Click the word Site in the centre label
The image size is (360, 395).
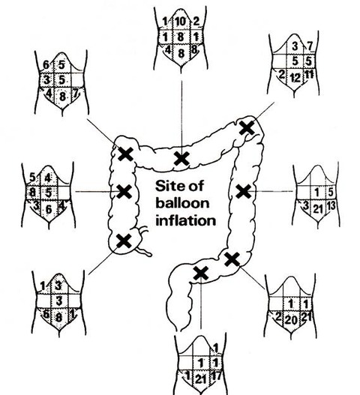tap(169, 186)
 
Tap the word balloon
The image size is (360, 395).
tap(182, 202)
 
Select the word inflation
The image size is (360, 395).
tap(185, 220)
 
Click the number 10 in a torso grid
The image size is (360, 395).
tap(181, 22)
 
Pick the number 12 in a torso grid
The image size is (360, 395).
tap(295, 78)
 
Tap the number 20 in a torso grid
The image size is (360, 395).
tap(291, 320)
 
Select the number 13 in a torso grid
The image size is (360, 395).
tap(331, 206)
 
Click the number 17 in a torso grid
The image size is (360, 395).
tap(216, 376)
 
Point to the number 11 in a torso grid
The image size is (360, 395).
tap(309, 74)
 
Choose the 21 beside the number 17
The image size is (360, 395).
tap(201, 379)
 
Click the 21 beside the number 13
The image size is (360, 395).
tap(317, 208)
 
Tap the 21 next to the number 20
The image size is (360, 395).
tap(306, 317)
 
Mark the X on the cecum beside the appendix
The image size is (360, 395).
tap(124, 241)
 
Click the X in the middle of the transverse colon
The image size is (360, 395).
tap(181, 159)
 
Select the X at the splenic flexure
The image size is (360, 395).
tap(247, 127)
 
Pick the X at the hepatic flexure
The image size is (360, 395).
tap(126, 154)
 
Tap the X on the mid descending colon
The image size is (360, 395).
tap(244, 191)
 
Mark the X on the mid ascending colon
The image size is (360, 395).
tap(124, 192)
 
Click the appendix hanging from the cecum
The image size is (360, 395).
tap(144, 251)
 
